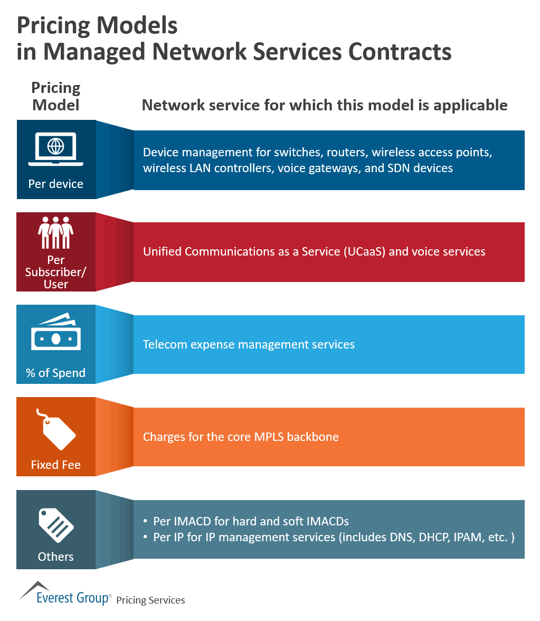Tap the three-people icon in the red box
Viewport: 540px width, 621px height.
(x=56, y=232)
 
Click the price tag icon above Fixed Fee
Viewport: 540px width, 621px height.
(x=56, y=427)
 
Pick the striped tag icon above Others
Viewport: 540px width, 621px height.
(x=56, y=520)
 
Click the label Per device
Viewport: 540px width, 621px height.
(x=56, y=184)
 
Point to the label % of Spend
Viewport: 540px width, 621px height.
(x=56, y=373)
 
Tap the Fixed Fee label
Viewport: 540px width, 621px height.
(x=56, y=465)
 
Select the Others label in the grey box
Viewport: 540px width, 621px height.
(x=56, y=557)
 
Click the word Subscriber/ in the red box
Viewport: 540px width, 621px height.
(x=56, y=272)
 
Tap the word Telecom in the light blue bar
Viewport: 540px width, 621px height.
(x=165, y=345)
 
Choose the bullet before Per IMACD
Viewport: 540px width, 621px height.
(x=146, y=521)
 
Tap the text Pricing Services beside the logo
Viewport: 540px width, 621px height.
(x=150, y=600)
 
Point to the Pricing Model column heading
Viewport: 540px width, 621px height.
(x=56, y=96)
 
